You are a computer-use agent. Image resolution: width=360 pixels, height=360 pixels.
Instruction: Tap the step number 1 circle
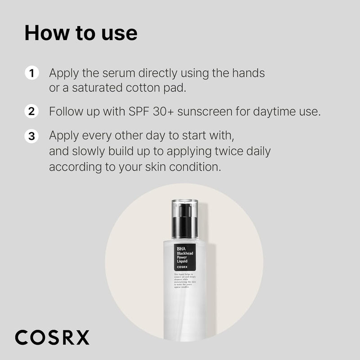point(31,72)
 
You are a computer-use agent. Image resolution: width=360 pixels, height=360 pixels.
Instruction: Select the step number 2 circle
point(31,111)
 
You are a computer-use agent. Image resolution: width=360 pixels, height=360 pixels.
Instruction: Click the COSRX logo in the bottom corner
point(52,337)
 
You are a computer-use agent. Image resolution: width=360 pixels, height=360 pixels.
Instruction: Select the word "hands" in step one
point(249,72)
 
